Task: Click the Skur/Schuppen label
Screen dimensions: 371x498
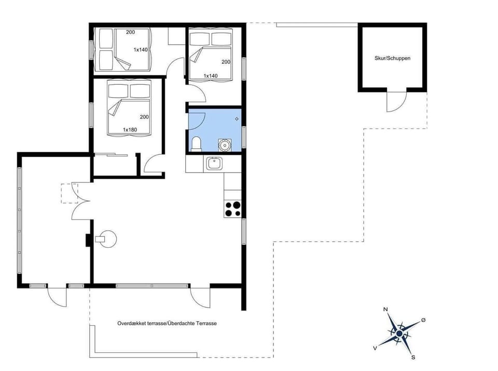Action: [x=392, y=58]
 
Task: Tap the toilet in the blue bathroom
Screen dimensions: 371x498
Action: [x=196, y=143]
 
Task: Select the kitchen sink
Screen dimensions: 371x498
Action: [x=214, y=164]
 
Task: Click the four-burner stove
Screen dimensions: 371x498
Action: [x=233, y=208]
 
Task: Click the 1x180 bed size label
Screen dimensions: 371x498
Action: [x=130, y=129]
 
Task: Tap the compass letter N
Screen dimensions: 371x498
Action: [x=385, y=310]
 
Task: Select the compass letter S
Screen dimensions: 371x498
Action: [x=413, y=357]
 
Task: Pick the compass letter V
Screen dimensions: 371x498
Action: [x=375, y=348]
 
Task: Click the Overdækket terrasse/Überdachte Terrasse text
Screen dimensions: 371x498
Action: [x=167, y=323]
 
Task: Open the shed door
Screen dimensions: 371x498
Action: [x=397, y=102]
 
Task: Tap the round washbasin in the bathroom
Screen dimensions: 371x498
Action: [x=224, y=144]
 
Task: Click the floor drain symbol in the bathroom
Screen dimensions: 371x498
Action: [x=237, y=119]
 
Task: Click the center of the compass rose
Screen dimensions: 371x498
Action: [x=399, y=333]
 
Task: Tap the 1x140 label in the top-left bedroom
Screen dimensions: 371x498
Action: [x=141, y=50]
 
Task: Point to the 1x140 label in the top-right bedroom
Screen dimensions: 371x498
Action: [x=210, y=76]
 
